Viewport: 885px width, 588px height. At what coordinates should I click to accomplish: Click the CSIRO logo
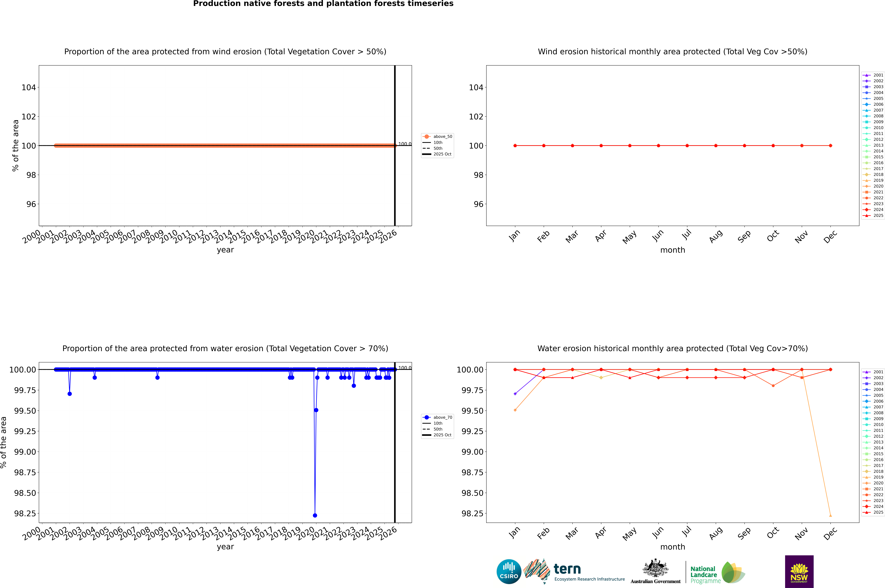(509, 572)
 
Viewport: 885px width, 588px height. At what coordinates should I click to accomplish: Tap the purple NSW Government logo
(799, 572)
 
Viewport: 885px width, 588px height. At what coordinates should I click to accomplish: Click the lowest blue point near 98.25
(315, 515)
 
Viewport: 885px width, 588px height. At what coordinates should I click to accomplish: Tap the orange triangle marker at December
(830, 515)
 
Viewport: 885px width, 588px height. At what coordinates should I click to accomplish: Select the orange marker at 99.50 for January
(515, 410)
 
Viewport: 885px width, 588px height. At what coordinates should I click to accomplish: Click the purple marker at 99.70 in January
(515, 394)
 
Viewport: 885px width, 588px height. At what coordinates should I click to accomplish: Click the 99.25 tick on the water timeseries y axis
(25, 431)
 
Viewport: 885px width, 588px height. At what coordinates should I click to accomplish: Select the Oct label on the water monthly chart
(773, 533)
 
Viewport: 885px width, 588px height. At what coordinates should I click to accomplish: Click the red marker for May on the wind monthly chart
(630, 145)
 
